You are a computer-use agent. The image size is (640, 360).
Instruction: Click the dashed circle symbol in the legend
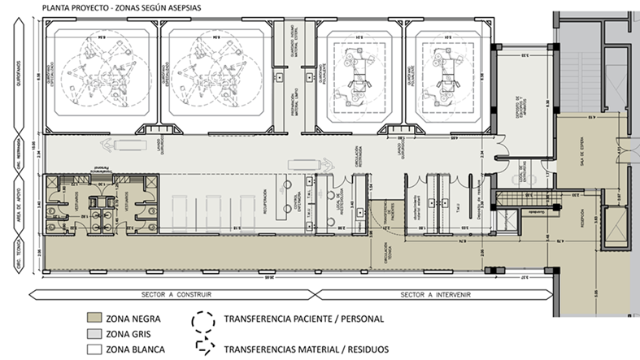pos(200,320)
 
